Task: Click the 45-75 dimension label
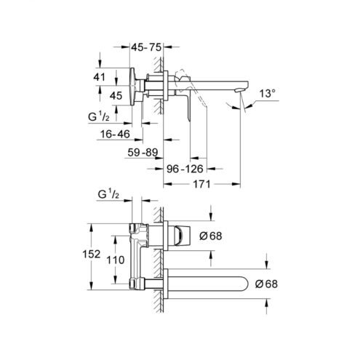(146, 47)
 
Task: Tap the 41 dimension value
(100, 77)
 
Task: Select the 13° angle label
(268, 94)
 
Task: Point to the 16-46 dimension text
(115, 134)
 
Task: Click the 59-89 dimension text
(143, 153)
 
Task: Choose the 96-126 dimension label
(185, 169)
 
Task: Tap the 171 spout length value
(201, 184)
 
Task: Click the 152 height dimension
(92, 254)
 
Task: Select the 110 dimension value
(116, 260)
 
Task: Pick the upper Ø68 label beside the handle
(211, 236)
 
